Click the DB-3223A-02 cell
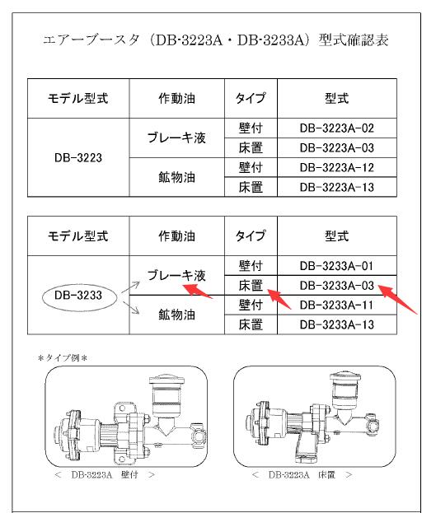click(337, 128)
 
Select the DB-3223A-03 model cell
click(337, 148)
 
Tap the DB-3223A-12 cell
click(337, 168)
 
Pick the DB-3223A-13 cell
click(337, 188)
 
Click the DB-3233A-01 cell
click(337, 266)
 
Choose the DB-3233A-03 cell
click(337, 286)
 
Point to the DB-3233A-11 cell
click(337, 305)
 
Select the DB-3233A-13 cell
click(337, 325)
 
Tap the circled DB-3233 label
click(78, 295)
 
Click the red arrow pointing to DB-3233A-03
click(399, 301)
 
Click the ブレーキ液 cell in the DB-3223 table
click(176, 138)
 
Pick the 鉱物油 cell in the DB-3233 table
click(176, 315)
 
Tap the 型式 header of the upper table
click(337, 99)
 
